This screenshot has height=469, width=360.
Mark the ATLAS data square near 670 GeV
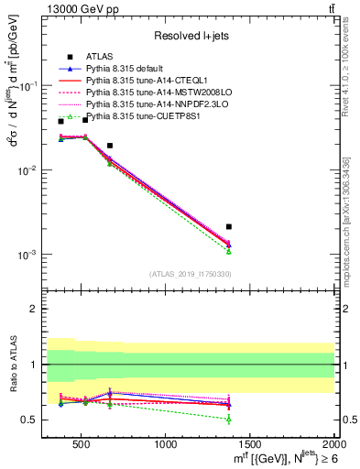click(110, 146)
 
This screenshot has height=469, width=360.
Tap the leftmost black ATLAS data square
click(61, 121)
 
